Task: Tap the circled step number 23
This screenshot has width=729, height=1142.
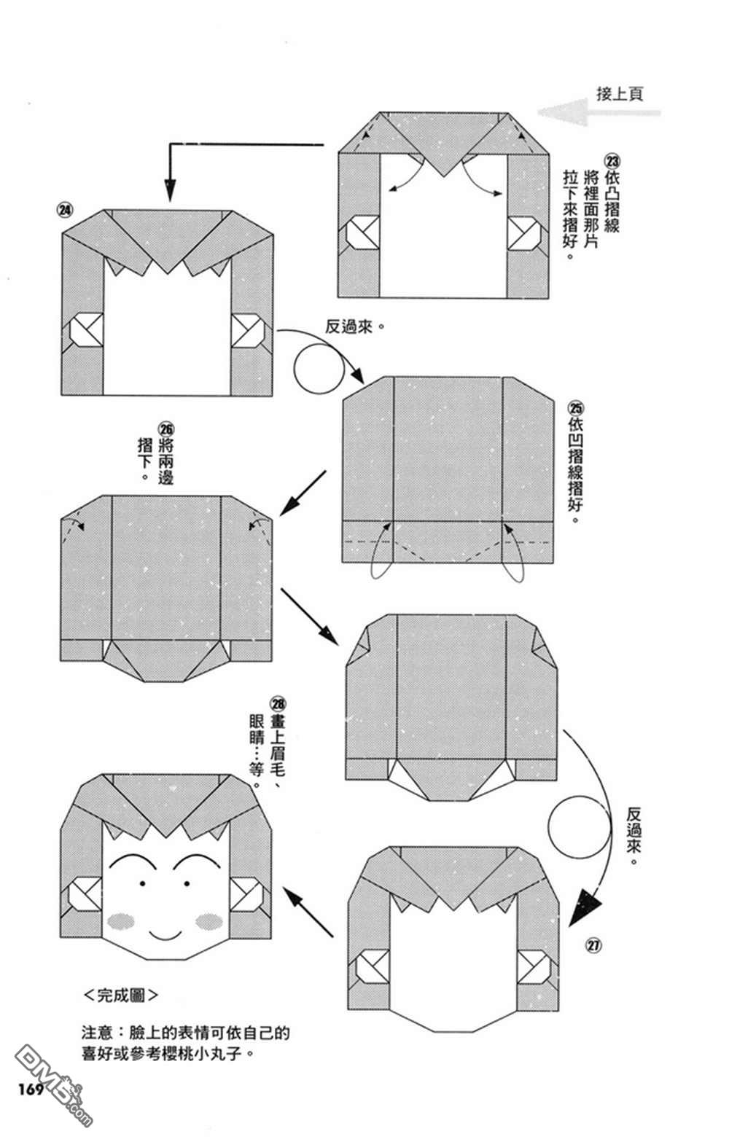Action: pos(611,161)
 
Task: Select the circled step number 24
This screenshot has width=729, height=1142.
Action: pos(66,210)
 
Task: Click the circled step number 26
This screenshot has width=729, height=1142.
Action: pos(166,429)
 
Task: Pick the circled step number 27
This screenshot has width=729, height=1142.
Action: pos(593,946)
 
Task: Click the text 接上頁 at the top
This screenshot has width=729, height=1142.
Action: pos(620,94)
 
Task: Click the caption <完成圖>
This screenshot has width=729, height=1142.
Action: pos(120,995)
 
